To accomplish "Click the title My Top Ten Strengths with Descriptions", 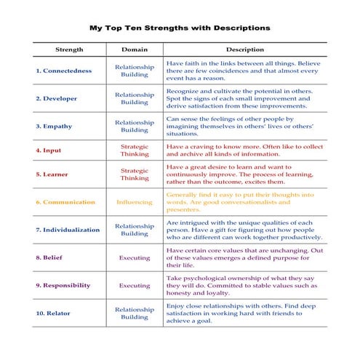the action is [180, 28].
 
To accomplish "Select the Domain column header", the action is [135, 49].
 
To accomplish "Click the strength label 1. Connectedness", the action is [63, 71].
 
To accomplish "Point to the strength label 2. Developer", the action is [56, 98].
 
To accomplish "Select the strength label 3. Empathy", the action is [54, 126].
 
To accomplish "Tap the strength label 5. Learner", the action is [52, 175].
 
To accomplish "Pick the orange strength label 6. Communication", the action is [65, 202].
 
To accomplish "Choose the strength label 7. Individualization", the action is [68, 230].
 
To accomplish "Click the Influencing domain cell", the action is [135, 202].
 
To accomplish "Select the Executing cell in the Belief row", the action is [135, 257].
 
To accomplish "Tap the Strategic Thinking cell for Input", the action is [135, 151].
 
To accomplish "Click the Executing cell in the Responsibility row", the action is [135, 286].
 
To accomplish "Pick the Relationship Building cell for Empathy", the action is [135, 126].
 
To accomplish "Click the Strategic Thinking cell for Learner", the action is [135, 175].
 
